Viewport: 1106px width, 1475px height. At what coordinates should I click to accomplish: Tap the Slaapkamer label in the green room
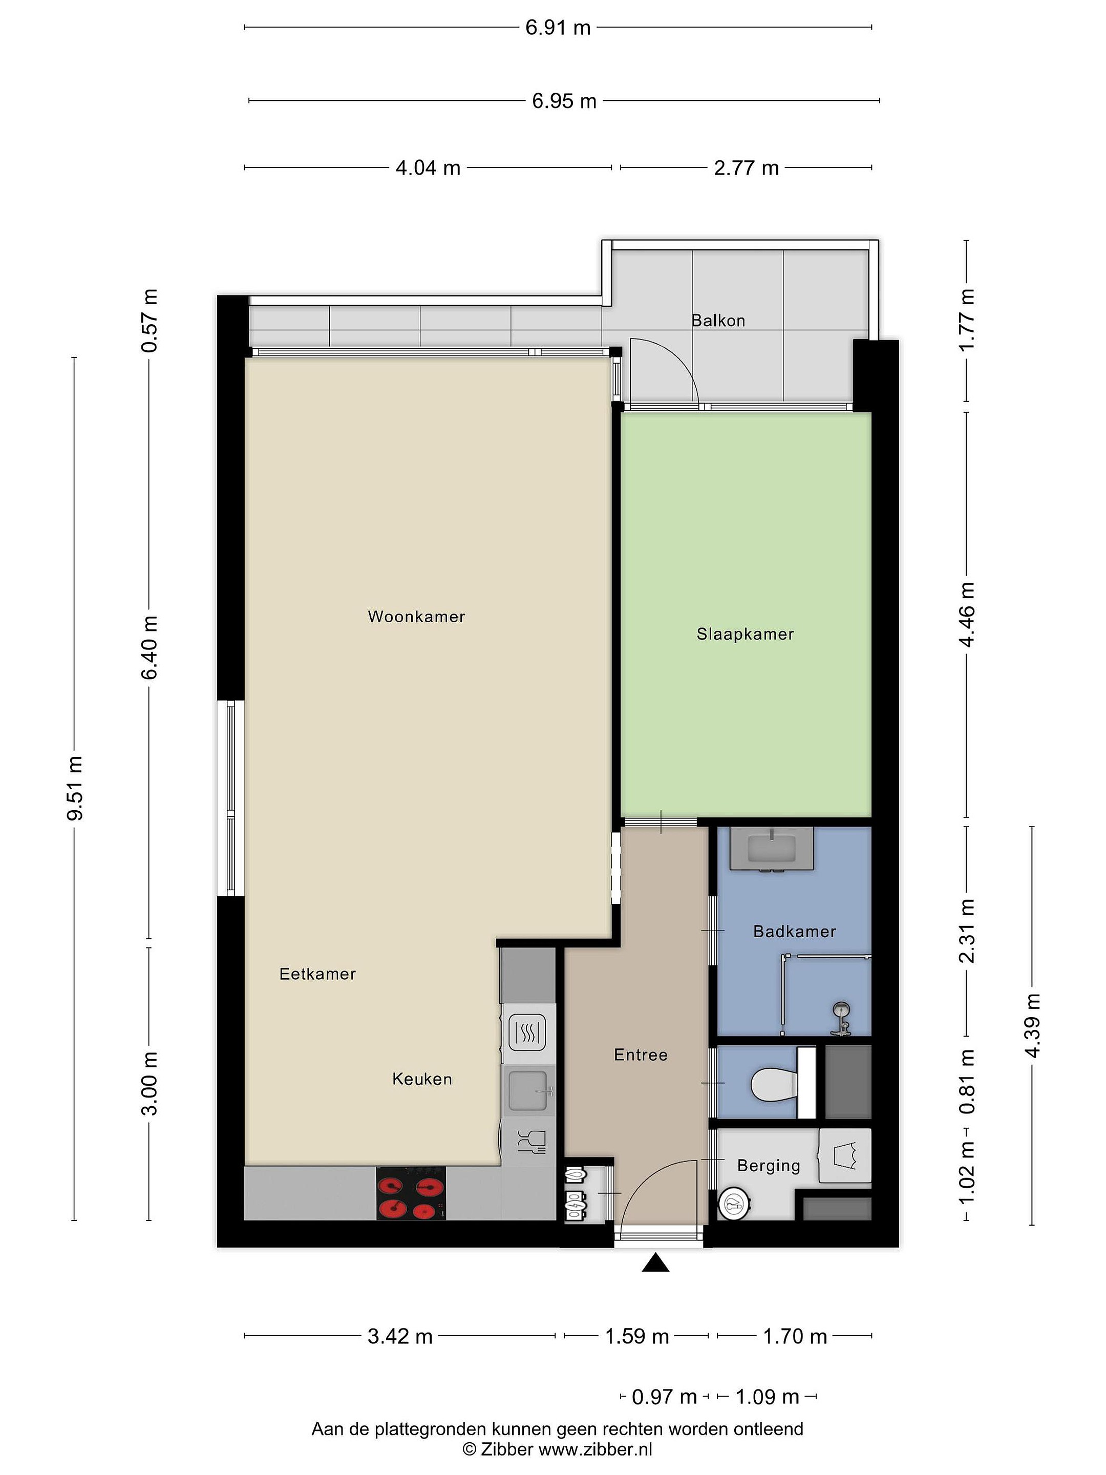(x=746, y=634)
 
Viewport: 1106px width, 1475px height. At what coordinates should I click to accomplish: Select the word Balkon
(x=718, y=321)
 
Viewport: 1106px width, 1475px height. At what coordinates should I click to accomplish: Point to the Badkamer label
(x=795, y=932)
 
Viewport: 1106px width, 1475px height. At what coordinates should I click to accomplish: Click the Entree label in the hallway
(x=641, y=1055)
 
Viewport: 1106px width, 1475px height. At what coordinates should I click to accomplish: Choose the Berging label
(x=769, y=1166)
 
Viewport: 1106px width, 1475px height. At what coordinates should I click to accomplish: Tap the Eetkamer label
(x=317, y=974)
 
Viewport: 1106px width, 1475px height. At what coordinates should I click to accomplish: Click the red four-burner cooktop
(x=411, y=1194)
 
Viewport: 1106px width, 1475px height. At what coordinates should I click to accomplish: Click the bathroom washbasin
(x=771, y=849)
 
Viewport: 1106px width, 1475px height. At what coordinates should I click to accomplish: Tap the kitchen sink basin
(x=528, y=1091)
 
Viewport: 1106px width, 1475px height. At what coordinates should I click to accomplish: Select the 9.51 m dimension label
(x=75, y=788)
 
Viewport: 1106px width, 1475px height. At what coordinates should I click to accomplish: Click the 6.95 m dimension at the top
(x=564, y=101)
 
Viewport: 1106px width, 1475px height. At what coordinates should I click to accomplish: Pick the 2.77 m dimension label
(x=746, y=167)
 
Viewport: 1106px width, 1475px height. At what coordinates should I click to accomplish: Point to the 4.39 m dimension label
(x=1032, y=1025)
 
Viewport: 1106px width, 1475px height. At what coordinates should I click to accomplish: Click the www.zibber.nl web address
(x=595, y=1448)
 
